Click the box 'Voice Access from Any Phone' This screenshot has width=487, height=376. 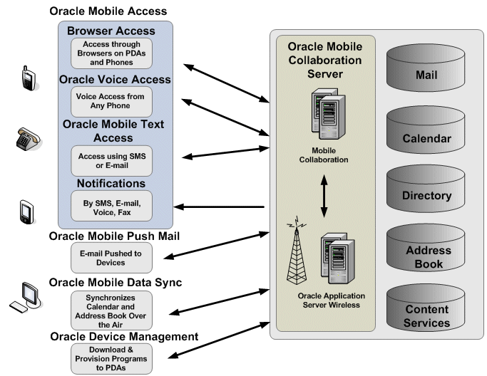click(111, 101)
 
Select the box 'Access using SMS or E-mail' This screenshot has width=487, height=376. click(111, 161)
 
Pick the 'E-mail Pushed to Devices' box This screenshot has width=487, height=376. click(111, 258)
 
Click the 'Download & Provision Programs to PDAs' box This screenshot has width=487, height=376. click(111, 358)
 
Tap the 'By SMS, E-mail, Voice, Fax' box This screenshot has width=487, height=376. click(111, 208)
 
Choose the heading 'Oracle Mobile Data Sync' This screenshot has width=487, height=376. click(116, 283)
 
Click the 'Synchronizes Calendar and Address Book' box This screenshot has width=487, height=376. click(111, 306)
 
